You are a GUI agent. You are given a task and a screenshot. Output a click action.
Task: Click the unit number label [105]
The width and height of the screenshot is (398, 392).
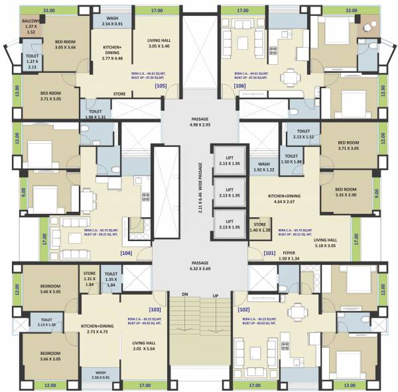point(160,86)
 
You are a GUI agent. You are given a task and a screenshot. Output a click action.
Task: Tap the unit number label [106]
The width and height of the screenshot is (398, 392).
point(239,86)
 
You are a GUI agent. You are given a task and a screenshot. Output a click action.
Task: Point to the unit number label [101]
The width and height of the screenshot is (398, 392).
point(269,252)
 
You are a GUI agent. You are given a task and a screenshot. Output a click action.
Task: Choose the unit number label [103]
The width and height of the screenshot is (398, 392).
point(155,309)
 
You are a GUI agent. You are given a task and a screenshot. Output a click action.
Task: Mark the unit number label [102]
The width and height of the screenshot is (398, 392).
point(244,309)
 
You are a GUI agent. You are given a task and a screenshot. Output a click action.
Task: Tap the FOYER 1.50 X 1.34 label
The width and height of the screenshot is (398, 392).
point(289,255)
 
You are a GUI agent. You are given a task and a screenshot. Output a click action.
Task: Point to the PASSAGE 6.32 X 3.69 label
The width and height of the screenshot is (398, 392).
point(200,266)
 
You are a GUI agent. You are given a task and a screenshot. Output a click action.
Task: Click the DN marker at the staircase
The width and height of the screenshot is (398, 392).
point(177,293)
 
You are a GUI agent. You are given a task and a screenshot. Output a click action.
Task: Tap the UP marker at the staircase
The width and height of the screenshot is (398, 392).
point(214,293)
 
